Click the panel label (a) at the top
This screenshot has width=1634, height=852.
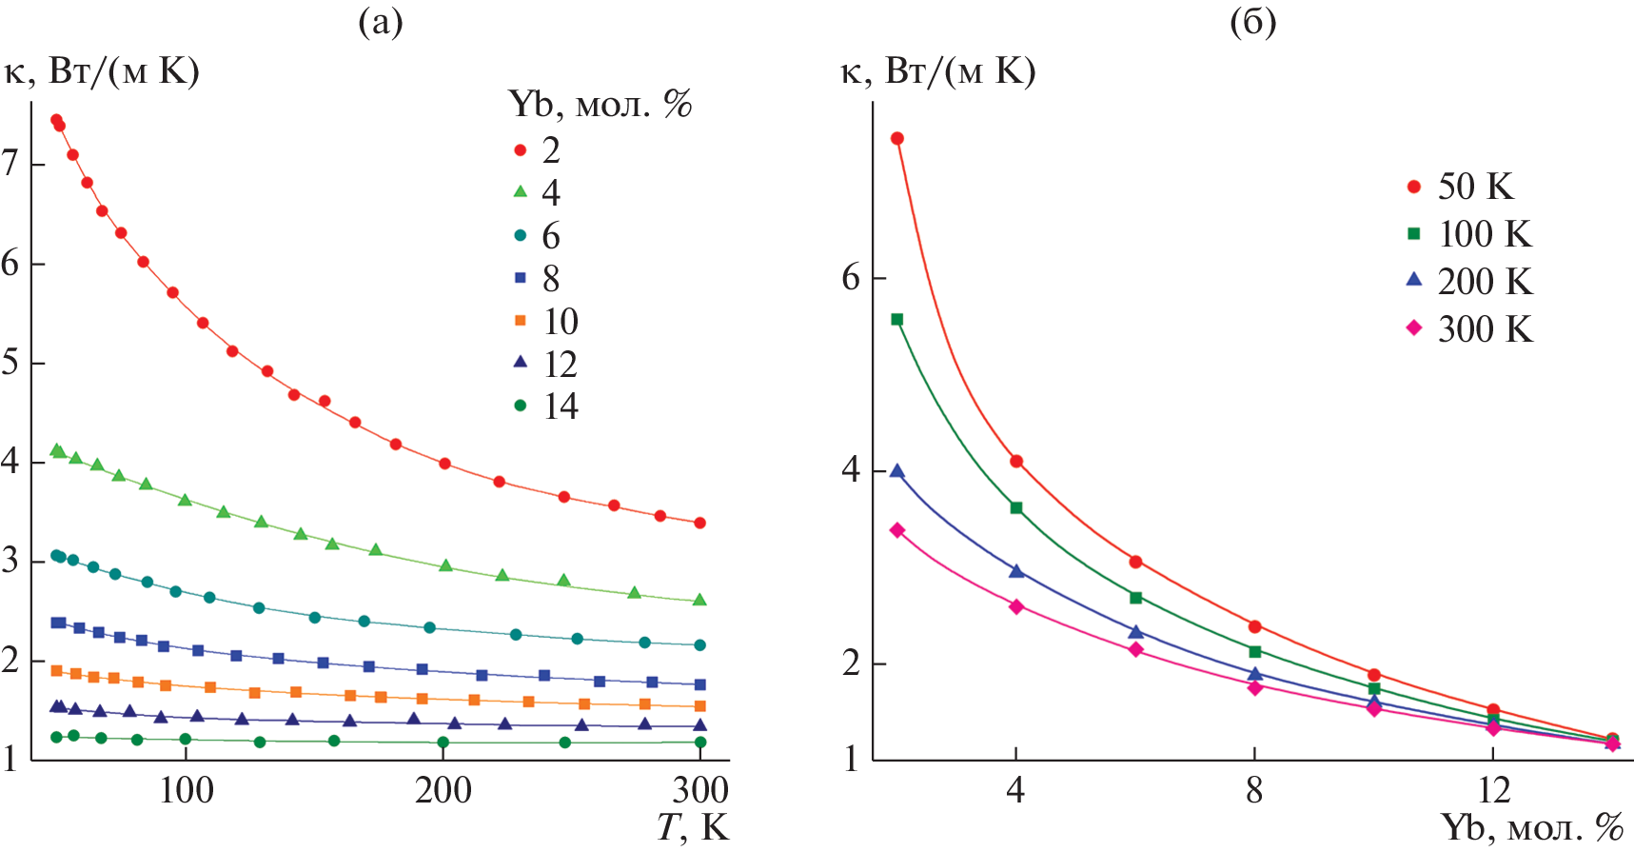coord(381,22)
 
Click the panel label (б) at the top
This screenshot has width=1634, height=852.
coord(1252,22)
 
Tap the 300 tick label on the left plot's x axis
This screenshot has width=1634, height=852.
coord(700,790)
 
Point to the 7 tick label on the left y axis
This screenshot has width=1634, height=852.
coord(10,164)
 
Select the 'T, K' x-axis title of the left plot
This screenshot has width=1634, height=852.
coord(693,827)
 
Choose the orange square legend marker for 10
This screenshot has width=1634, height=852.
coord(521,321)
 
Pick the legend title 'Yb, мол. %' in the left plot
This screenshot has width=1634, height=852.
coord(600,104)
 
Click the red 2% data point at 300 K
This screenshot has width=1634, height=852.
coord(700,523)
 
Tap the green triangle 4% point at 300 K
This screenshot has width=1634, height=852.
coord(700,600)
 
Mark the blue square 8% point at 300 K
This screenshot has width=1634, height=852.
coord(700,684)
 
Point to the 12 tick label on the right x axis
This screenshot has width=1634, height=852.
coord(1494,790)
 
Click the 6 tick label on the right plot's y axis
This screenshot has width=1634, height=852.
coord(851,278)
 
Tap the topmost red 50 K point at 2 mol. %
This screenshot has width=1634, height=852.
coord(896,139)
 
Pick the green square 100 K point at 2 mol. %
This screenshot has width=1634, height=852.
coord(896,320)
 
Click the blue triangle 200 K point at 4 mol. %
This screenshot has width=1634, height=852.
coord(1016,571)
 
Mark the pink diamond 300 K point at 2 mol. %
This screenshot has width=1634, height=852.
coord(896,530)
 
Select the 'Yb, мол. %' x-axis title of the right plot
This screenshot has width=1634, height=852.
coord(1531,827)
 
